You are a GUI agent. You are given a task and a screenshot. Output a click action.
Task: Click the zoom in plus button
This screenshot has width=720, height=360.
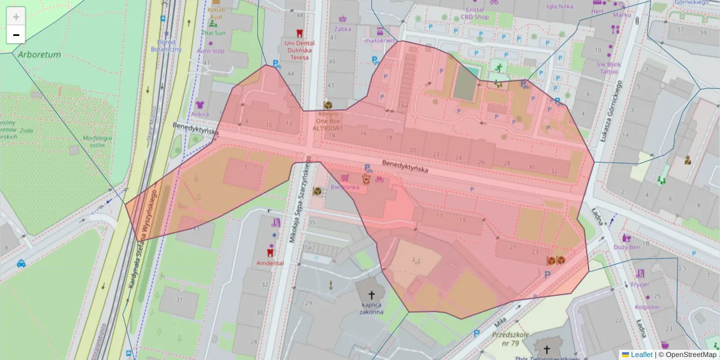click(x=16, y=17)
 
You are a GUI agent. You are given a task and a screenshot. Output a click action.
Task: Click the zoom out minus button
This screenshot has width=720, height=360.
click(x=16, y=35)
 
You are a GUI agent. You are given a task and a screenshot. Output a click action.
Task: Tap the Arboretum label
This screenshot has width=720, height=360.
click(x=40, y=55)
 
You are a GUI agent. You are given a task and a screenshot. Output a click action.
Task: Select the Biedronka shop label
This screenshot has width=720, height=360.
click(x=344, y=187)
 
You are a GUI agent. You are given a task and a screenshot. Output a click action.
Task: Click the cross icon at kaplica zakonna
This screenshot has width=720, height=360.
click(x=371, y=295)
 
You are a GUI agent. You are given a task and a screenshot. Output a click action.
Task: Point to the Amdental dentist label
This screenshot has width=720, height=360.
click(x=270, y=263)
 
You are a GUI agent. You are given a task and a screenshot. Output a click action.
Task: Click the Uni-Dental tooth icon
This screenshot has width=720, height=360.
click(x=299, y=34)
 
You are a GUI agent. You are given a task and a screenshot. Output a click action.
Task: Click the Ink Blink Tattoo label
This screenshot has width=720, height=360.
click(x=608, y=67)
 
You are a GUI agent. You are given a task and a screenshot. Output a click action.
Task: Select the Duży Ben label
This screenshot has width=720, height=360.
click(x=627, y=247)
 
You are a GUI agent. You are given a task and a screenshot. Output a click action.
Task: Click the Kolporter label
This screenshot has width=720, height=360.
click(x=646, y=307)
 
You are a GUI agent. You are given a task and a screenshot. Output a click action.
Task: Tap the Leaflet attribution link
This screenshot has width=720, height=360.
click(x=641, y=355)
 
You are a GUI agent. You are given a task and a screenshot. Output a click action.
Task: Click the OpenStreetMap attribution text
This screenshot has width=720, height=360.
click(x=690, y=355)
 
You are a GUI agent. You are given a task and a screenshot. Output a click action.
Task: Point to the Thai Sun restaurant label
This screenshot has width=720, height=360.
click(x=213, y=33)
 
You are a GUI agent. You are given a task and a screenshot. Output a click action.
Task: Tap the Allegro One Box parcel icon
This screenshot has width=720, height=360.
click(x=328, y=105)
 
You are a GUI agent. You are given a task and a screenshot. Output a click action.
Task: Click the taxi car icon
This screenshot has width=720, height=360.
click(x=21, y=263)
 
